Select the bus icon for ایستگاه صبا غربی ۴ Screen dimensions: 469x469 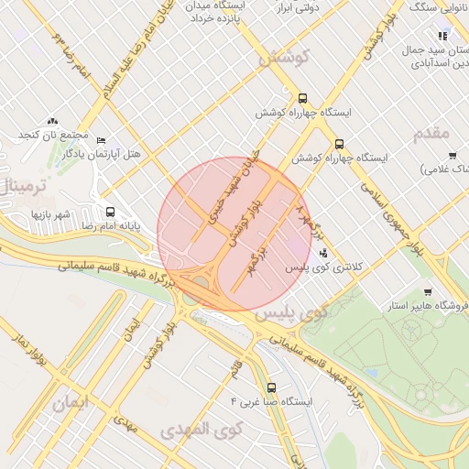(270, 387)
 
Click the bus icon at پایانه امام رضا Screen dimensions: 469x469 (110, 212)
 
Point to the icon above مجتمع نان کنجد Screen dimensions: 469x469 (52, 121)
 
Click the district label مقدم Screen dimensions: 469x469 (431, 134)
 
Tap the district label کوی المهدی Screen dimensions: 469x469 (201, 428)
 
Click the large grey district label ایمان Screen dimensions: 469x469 (74, 402)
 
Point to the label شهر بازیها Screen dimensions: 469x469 (51, 213)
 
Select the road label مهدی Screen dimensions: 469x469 (125, 422)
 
